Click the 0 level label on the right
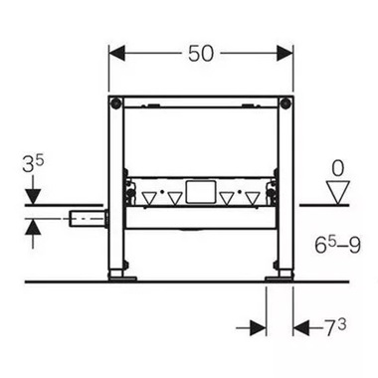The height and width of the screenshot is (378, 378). (x=340, y=167)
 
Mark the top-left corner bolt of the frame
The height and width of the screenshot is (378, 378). (x=117, y=104)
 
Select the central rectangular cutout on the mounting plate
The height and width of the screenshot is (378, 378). (x=201, y=188)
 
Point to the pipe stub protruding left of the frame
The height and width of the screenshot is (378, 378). (x=88, y=216)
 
